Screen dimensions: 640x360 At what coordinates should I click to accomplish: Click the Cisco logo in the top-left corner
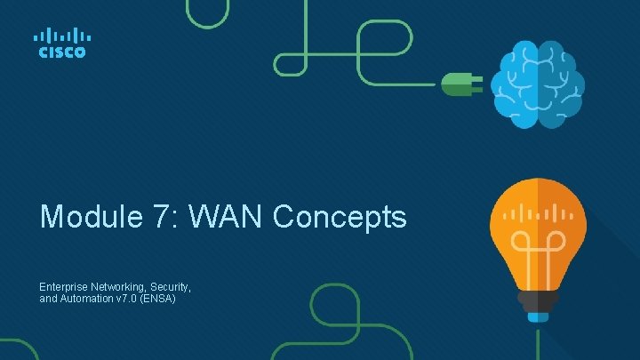click(x=60, y=43)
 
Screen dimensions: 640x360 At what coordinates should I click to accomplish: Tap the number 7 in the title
click(x=167, y=217)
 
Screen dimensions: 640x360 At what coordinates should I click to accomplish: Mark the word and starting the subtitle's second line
click(x=47, y=300)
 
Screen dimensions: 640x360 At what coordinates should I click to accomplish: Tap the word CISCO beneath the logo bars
click(x=60, y=52)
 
